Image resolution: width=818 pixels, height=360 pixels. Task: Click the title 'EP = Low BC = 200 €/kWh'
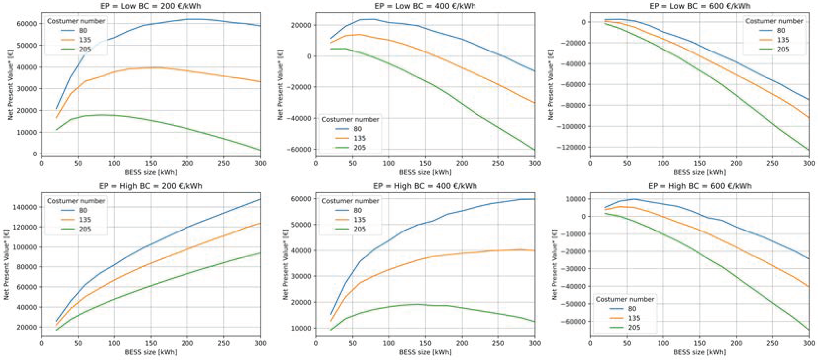click(x=151, y=6)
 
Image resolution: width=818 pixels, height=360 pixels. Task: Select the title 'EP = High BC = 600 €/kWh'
click(x=700, y=186)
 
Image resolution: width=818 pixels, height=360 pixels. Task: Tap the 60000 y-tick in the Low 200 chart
click(x=27, y=24)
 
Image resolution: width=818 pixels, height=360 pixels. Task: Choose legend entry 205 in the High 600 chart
click(x=633, y=327)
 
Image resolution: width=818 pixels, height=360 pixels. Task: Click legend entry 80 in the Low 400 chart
click(x=357, y=129)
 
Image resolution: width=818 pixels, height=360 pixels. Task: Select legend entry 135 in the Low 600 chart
click(x=783, y=40)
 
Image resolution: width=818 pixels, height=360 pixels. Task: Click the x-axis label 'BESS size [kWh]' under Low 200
click(x=151, y=172)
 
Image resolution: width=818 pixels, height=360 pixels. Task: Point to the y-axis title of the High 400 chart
click(x=285, y=264)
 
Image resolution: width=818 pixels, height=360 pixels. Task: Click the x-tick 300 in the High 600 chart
click(x=809, y=343)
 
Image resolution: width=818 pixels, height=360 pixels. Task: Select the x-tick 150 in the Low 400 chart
click(x=425, y=164)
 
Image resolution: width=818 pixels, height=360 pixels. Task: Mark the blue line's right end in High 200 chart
click(x=260, y=199)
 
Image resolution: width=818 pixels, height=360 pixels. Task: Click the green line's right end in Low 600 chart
click(x=809, y=149)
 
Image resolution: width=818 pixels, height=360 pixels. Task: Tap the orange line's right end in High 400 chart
click(x=534, y=251)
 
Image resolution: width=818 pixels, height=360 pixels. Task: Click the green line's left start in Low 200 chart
click(x=56, y=129)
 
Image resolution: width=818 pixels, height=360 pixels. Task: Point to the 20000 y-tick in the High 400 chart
click(x=301, y=302)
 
